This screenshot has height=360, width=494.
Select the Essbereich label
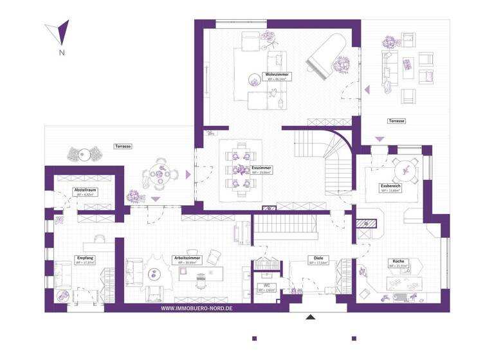tap(390, 186)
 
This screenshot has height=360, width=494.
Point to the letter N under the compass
tap(60, 52)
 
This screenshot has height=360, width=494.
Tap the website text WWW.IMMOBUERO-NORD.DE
tap(196, 308)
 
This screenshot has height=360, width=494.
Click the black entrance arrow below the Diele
tap(311, 317)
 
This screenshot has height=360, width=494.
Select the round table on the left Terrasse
tap(156, 174)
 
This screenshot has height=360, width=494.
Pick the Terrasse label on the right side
tap(396, 121)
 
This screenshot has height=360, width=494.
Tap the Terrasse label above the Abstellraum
tap(123, 147)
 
